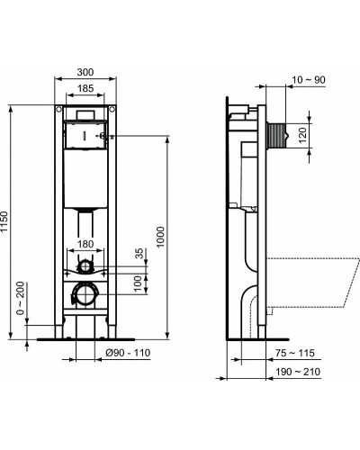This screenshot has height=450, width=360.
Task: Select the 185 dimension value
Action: (x=86, y=88)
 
